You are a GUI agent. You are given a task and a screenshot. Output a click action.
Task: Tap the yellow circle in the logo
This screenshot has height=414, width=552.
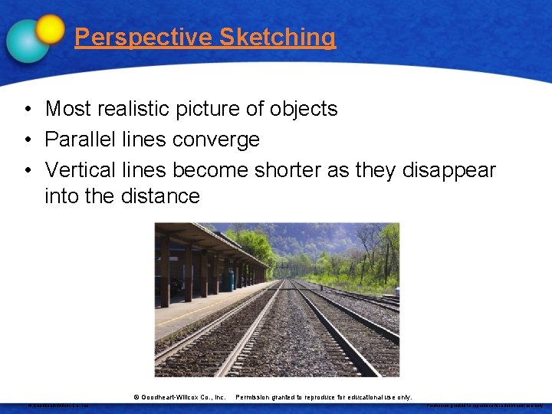51,28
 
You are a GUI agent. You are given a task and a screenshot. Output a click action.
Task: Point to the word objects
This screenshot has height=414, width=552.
304,109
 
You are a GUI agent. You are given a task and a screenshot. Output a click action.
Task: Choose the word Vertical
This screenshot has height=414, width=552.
79,169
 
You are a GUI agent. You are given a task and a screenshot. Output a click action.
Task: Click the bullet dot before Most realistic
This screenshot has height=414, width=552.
26,110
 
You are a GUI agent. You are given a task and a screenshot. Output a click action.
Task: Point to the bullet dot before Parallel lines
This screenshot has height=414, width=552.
26,140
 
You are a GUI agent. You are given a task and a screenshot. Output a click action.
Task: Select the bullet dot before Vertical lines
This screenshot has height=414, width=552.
26,170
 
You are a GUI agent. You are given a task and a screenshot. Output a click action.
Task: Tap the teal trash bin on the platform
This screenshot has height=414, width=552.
231,281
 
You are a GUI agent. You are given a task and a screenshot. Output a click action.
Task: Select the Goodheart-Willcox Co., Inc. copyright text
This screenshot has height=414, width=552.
179,397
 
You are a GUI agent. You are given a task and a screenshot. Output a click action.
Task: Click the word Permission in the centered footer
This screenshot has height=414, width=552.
254,397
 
